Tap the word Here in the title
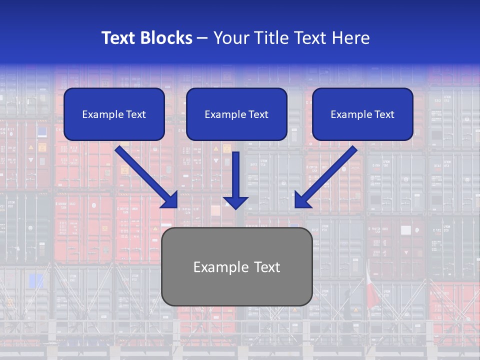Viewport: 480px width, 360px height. [x=351, y=38]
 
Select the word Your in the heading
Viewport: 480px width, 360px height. [x=230, y=38]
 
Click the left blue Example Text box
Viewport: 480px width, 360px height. [x=114, y=114]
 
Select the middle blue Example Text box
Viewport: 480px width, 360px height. [x=236, y=114]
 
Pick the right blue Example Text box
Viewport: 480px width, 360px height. [x=362, y=114]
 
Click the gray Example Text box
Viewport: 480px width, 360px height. [x=236, y=267]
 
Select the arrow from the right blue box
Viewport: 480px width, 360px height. [x=327, y=175]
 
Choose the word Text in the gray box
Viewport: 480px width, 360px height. [x=266, y=267]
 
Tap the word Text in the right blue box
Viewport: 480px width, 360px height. [x=384, y=114]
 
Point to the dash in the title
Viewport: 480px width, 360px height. [x=202, y=38]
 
